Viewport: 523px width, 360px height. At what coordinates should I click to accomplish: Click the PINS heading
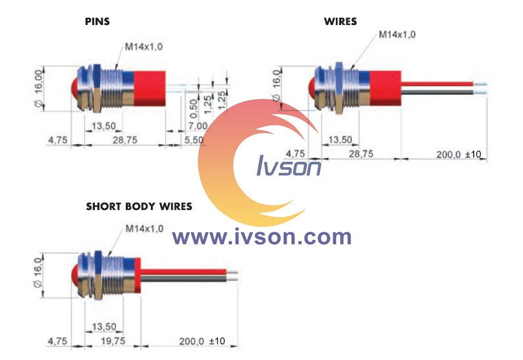point(97,22)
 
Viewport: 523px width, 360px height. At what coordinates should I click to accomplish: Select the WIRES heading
point(340,22)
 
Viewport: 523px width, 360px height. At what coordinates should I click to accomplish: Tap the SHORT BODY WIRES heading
point(139,207)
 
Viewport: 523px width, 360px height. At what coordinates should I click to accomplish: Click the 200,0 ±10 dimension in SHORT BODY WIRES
point(202,341)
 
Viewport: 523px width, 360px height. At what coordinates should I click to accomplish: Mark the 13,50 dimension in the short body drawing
point(104,326)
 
